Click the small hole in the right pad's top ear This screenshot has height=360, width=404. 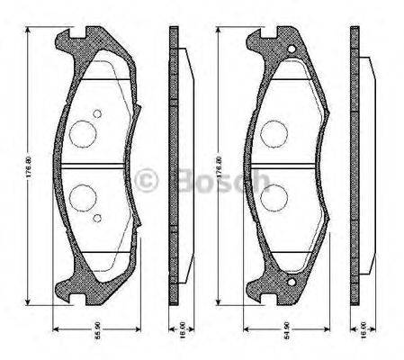tap(290, 49)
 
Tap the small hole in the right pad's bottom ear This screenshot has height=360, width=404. tap(290, 286)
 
